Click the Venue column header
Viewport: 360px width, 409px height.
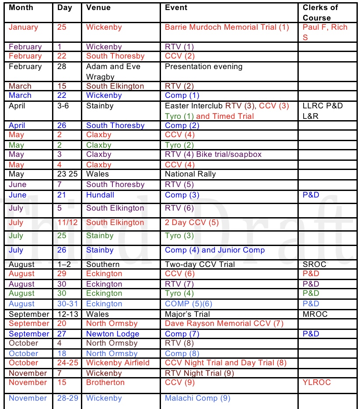pyautogui.click(x=98, y=7)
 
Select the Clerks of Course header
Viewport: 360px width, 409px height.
pyautogui.click(x=320, y=12)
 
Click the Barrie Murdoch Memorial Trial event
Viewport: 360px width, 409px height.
pyautogui.click(x=227, y=27)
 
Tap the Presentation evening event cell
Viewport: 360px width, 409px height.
pyautogui.click(x=203, y=67)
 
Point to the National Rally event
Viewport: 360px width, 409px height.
pyautogui.click(x=190, y=174)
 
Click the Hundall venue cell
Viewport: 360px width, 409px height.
pyautogui.click(x=100, y=195)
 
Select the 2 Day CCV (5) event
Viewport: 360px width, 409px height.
pyautogui.click(x=191, y=222)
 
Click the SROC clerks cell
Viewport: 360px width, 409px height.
pyautogui.click(x=314, y=264)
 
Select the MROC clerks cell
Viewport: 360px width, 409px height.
pyautogui.click(x=315, y=314)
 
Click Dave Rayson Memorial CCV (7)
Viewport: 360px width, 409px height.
pyautogui.click(x=224, y=323)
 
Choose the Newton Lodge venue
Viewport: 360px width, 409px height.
pyautogui.click(x=113, y=334)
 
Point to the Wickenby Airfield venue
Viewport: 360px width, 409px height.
pyautogui.click(x=118, y=363)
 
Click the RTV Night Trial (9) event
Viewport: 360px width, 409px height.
pyautogui.click(x=199, y=373)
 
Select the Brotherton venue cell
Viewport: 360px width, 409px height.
pyautogui.click(x=105, y=382)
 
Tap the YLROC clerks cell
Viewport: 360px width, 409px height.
pyautogui.click(x=317, y=382)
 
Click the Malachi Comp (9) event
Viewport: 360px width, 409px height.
pyautogui.click(x=197, y=398)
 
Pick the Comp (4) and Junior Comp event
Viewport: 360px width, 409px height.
pyautogui.click(x=215, y=250)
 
